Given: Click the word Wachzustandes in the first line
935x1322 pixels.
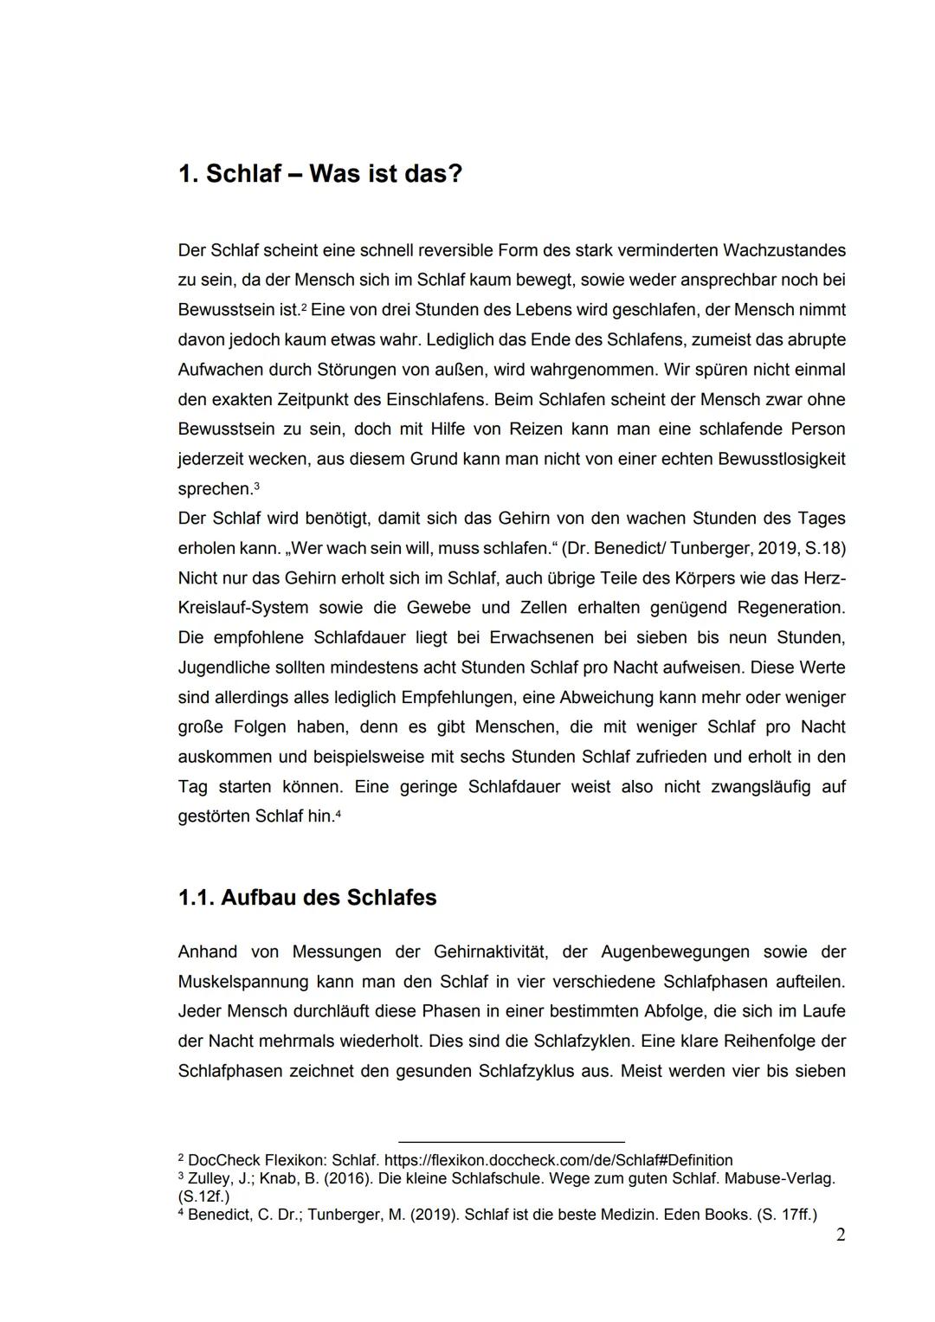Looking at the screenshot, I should (x=783, y=250).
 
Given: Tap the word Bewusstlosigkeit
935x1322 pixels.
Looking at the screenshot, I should (x=782, y=459).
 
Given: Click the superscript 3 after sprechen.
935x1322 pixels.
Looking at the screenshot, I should (x=256, y=487).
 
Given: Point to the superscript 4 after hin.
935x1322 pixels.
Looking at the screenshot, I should (x=338, y=814).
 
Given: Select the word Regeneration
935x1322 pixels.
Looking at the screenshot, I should (x=791, y=608).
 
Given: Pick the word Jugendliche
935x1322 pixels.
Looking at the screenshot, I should (x=221, y=667).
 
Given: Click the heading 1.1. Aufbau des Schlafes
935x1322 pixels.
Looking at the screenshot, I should (x=306, y=897).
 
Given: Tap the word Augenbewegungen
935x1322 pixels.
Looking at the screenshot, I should (x=670, y=951).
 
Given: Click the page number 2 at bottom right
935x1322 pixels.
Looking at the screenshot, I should (x=840, y=1235).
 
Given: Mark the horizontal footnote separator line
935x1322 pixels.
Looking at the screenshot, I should (x=511, y=1142).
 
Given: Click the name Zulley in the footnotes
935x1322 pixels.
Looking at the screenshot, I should (x=209, y=1178).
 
